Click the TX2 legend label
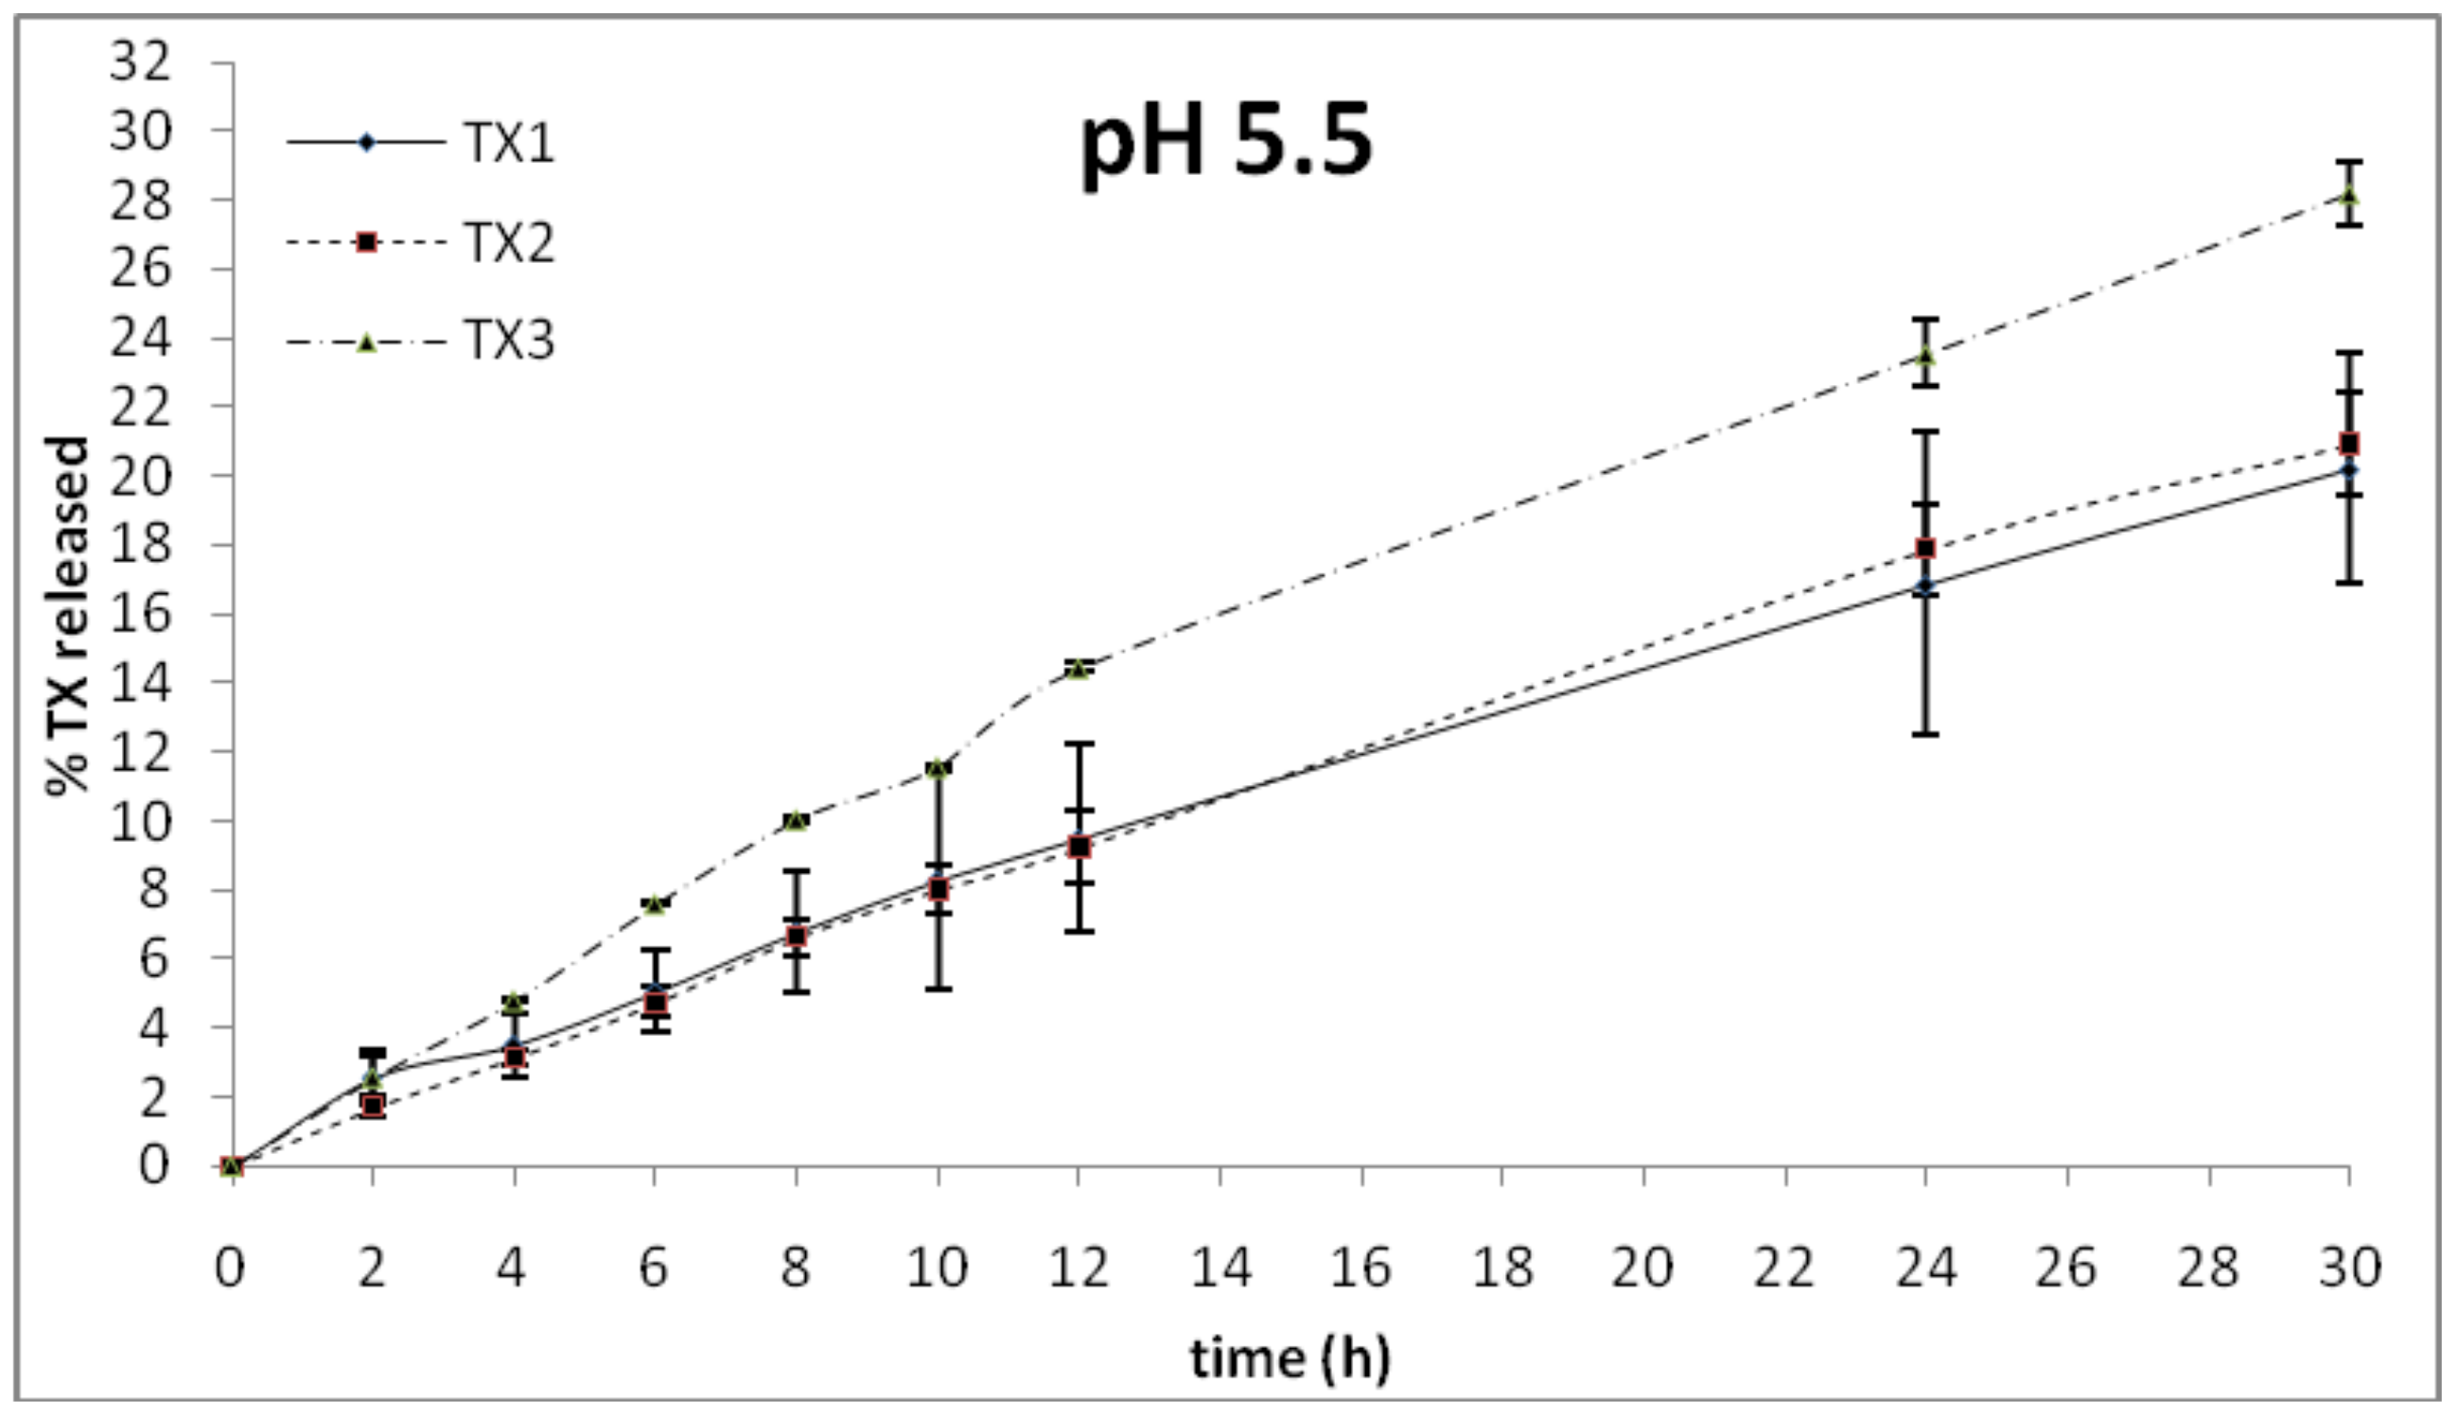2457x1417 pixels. pyautogui.click(x=508, y=242)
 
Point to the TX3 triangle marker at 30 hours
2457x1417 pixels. pyautogui.click(x=2349, y=196)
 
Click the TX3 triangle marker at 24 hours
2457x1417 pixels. pyautogui.click(x=1924, y=357)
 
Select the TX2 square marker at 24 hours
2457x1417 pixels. pyautogui.click(x=1924, y=548)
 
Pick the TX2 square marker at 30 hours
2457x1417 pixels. pyautogui.click(x=2349, y=444)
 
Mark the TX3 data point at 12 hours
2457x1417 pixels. pyautogui.click(x=1079, y=669)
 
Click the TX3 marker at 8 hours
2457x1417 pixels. pyautogui.click(x=796, y=820)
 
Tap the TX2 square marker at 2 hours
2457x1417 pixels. pyautogui.click(x=373, y=1105)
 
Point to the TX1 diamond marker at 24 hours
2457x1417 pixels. pyautogui.click(x=1924, y=586)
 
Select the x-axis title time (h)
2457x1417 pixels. pyautogui.click(x=1290, y=1357)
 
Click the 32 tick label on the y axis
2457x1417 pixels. pyautogui.click(x=140, y=62)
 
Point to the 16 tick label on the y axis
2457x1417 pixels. pyautogui.click(x=140, y=614)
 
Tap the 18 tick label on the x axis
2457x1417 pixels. pyautogui.click(x=1501, y=1268)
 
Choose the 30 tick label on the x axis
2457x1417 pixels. pyautogui.click(x=2349, y=1268)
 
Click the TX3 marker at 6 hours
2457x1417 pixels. pyautogui.click(x=655, y=905)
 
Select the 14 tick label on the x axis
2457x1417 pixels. pyautogui.click(x=1220, y=1268)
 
